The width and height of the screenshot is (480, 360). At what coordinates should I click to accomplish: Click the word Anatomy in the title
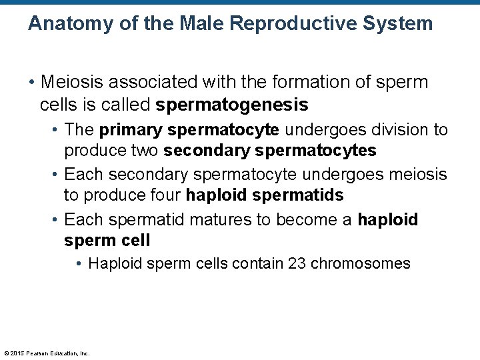[x=69, y=24]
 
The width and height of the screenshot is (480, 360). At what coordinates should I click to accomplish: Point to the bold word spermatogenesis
[x=232, y=105]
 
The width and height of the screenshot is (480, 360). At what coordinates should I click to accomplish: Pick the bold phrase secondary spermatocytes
[x=269, y=151]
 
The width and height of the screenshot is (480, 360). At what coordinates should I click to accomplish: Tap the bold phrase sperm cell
[x=107, y=240]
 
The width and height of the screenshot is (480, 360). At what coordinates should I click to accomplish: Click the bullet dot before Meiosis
[x=31, y=83]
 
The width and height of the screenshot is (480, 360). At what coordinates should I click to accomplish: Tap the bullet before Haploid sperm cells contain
[x=79, y=264]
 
